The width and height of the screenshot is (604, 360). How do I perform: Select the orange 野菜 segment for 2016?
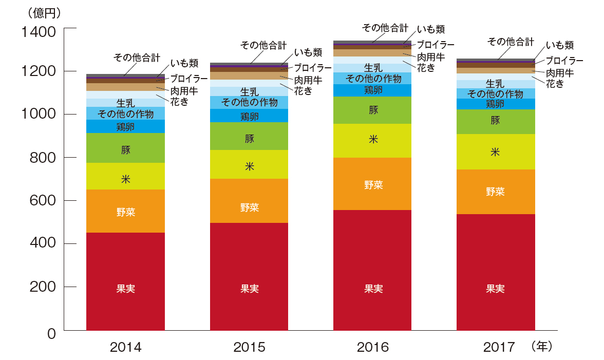[373, 184]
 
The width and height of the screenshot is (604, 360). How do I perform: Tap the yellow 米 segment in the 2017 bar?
[496, 151]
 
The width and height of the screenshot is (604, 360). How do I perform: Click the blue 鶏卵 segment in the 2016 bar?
[373, 90]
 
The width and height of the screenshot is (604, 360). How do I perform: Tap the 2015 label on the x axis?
[250, 348]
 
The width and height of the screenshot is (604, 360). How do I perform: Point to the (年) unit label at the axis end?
[542, 347]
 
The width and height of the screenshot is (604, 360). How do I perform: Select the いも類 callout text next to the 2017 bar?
[560, 45]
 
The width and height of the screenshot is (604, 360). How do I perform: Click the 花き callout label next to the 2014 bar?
[179, 102]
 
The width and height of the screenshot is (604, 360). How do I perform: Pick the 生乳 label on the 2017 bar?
[495, 83]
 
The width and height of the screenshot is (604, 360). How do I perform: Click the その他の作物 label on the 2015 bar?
[249, 102]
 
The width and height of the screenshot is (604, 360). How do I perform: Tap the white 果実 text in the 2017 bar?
[496, 289]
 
